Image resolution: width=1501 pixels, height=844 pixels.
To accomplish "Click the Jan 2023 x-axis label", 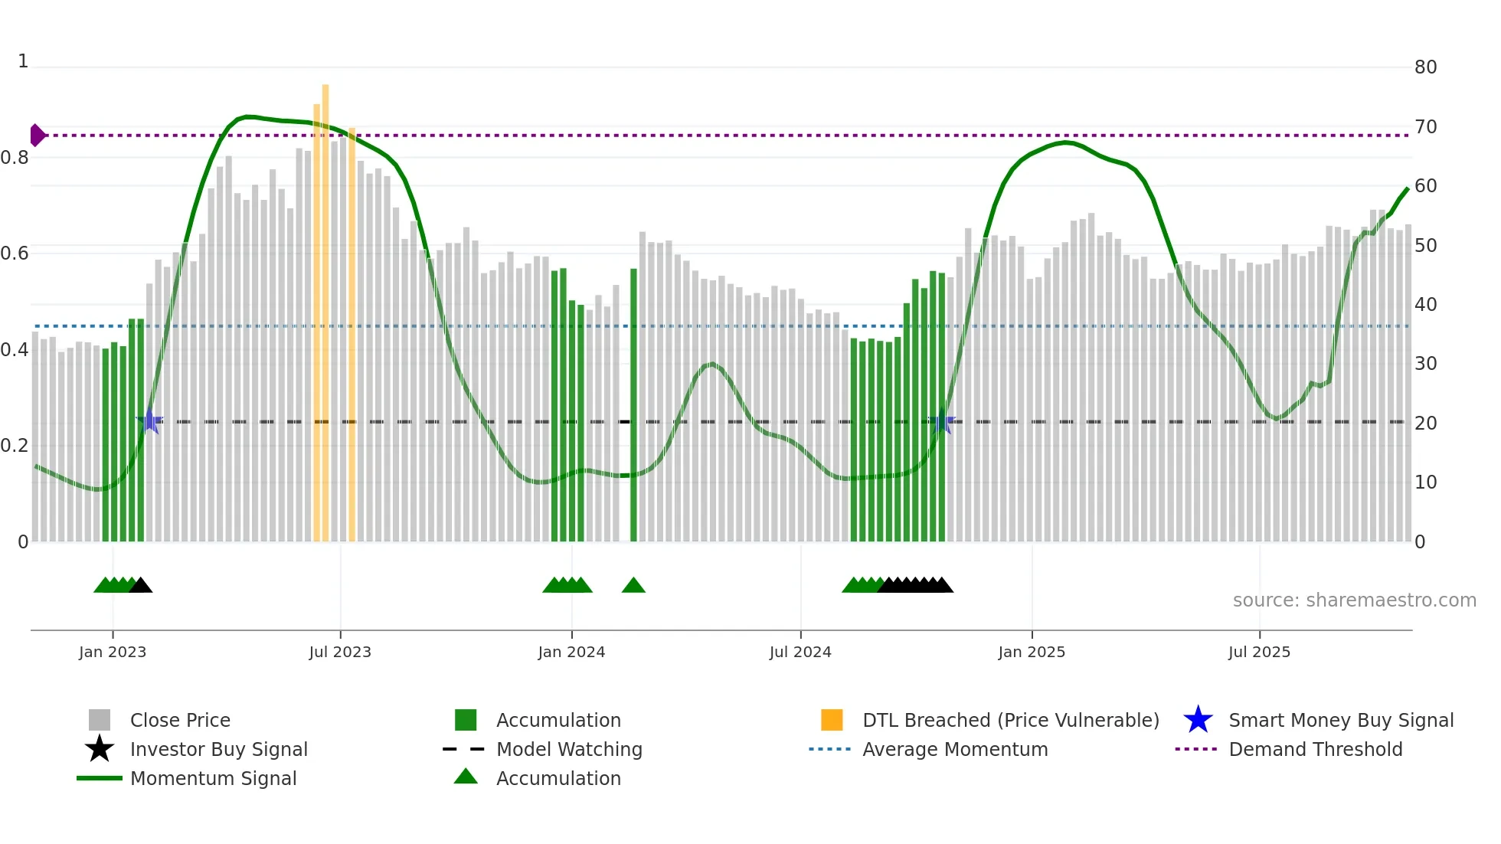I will pyautogui.click(x=113, y=652).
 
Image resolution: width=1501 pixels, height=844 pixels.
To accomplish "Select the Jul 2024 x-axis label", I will pyautogui.click(x=800, y=652).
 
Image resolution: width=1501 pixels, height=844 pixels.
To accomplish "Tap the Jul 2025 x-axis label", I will pyautogui.click(x=1259, y=652).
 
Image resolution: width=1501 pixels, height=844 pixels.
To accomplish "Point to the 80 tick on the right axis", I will pyautogui.click(x=1425, y=67).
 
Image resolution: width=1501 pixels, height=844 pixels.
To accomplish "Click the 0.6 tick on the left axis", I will pyautogui.click(x=15, y=254).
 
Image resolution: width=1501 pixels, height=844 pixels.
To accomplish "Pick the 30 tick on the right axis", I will pyautogui.click(x=1425, y=364).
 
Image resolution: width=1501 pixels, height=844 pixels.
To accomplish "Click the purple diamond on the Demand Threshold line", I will pyautogui.click(x=37, y=136).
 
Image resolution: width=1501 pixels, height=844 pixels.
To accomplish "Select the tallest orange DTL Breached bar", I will pyautogui.click(x=325, y=306).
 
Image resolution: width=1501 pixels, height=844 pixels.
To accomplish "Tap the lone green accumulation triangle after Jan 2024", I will pyautogui.click(x=633, y=585).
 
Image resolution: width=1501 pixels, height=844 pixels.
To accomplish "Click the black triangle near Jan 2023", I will pyautogui.click(x=141, y=585).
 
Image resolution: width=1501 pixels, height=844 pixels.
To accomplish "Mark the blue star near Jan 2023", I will pyautogui.click(x=149, y=421).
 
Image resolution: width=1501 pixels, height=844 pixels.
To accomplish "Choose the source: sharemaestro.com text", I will pyautogui.click(x=1354, y=600).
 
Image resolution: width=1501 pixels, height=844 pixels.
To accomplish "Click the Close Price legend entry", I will pyautogui.click(x=180, y=720).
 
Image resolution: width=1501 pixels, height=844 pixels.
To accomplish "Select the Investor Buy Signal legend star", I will pyautogui.click(x=100, y=749).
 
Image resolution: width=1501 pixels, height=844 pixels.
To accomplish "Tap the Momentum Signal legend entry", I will pyautogui.click(x=213, y=778).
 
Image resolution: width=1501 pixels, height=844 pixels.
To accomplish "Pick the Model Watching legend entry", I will pyautogui.click(x=569, y=749).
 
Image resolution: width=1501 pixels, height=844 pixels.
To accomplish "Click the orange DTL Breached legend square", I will pyautogui.click(x=832, y=720).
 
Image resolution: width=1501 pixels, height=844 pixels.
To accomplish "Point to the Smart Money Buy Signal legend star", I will pyautogui.click(x=1198, y=720).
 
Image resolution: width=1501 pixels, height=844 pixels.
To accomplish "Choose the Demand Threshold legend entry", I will pyautogui.click(x=1315, y=749).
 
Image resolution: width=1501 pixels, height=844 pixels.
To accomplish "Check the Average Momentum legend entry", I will pyautogui.click(x=955, y=749).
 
